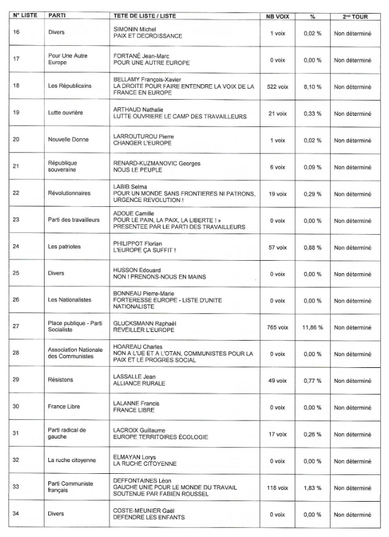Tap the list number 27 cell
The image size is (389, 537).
point(17,326)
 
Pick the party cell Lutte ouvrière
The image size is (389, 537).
point(66,113)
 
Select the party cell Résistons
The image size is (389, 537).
point(61,380)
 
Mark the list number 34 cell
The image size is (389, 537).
point(17,513)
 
